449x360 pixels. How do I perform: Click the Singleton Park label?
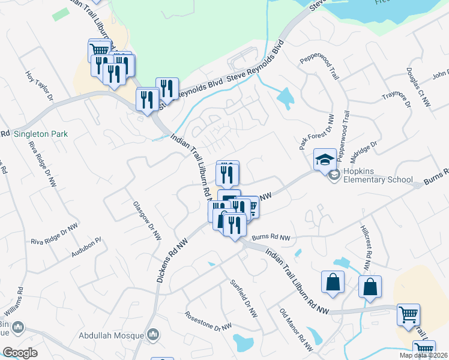click(41, 134)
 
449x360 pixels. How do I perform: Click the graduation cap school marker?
click(325, 160)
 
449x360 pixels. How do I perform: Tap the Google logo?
click(20, 352)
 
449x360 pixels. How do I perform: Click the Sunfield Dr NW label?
click(243, 298)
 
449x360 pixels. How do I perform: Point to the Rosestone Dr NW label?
click(208, 320)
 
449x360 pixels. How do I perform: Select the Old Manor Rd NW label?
click(296, 329)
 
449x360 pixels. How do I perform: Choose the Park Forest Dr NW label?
click(315, 132)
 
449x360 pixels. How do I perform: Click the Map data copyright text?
click(423, 355)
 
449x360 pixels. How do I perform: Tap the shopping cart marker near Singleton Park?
click(99, 49)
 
